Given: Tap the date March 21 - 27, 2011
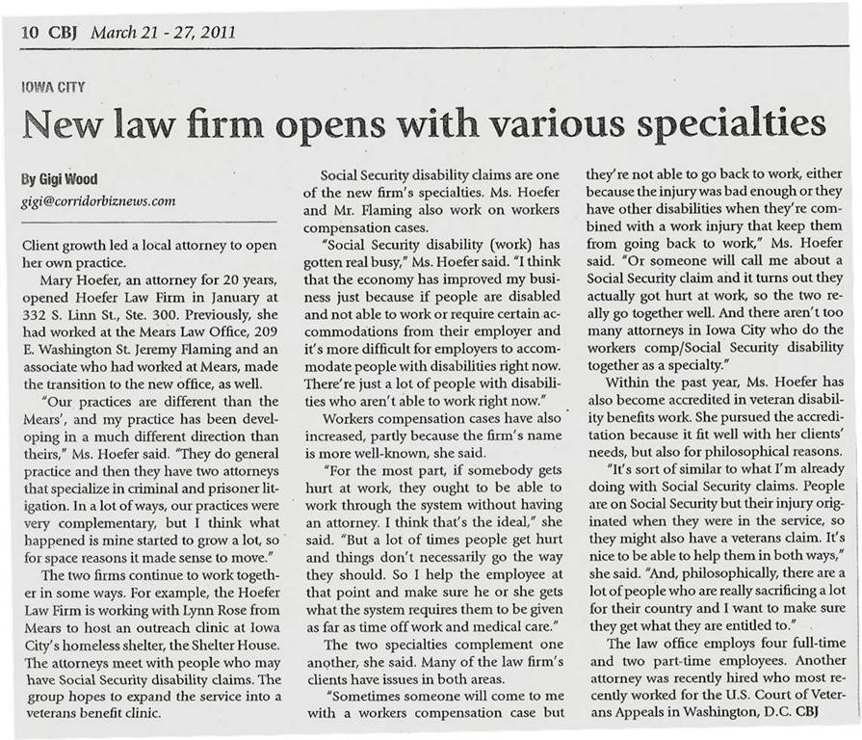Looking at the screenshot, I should [163, 33].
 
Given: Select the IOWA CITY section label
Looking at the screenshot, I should [53, 88].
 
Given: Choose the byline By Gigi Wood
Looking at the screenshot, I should [59, 179].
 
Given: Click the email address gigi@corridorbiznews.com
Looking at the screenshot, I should [98, 201].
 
